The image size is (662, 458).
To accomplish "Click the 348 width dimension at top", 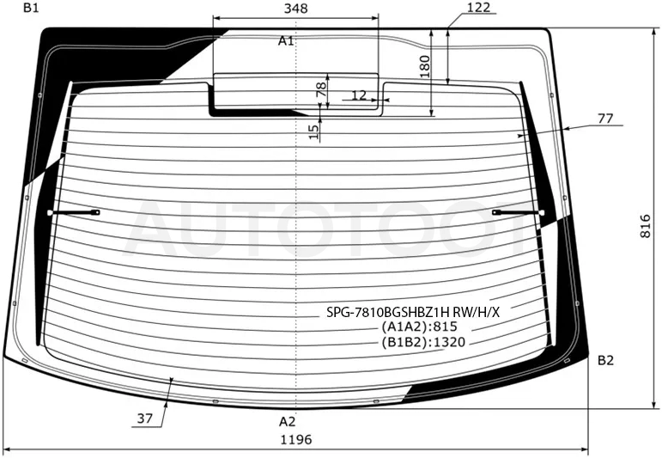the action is [x=295, y=8].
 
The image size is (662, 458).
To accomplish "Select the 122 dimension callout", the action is [x=479, y=7].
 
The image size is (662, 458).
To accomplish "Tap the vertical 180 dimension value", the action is [x=425, y=66].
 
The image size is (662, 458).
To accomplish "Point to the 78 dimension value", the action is [x=321, y=89].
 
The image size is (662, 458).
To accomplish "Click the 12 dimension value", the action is [x=359, y=95].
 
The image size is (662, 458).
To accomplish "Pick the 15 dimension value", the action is [x=314, y=131].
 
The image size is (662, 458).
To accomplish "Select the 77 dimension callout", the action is [x=605, y=119].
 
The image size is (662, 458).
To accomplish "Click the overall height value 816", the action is [x=646, y=226].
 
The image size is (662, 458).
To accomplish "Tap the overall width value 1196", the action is [x=296, y=439].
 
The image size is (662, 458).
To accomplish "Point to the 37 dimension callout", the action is [x=144, y=418].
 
